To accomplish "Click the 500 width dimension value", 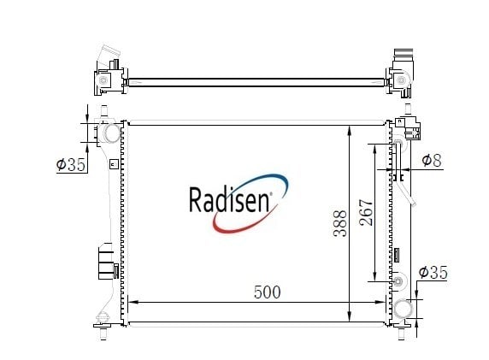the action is [x=268, y=292].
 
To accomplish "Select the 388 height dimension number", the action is [x=340, y=223].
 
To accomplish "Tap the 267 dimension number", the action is [x=366, y=212].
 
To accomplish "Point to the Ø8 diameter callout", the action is [x=432, y=160].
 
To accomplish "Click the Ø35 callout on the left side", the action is [x=71, y=164].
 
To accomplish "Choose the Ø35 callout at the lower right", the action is [x=433, y=272].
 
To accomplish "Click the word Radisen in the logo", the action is [x=229, y=199].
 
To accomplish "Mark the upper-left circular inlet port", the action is [x=111, y=133].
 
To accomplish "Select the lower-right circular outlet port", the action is [x=404, y=310].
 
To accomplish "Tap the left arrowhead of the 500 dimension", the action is [x=133, y=302].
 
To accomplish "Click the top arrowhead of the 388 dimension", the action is [x=350, y=130].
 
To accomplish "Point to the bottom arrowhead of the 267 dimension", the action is [x=374, y=275].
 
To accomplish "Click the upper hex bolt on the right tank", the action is [x=398, y=144].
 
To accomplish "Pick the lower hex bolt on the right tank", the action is [x=398, y=281].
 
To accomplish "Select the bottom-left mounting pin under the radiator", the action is [x=103, y=333].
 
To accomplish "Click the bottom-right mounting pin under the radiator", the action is [x=401, y=333].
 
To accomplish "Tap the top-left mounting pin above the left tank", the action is [x=103, y=111].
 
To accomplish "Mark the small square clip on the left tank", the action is [x=114, y=164].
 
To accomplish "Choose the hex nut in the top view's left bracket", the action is [x=103, y=80].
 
